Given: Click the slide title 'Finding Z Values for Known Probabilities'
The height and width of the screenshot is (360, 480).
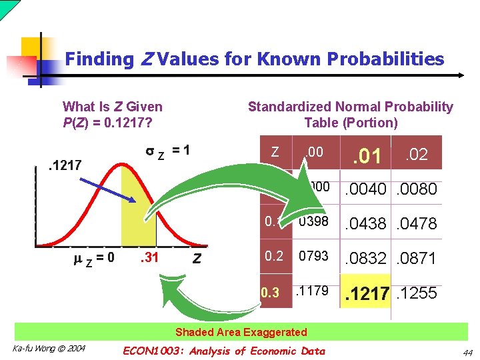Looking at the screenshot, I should point(254,59).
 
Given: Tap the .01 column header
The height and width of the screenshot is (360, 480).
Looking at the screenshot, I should point(367,157).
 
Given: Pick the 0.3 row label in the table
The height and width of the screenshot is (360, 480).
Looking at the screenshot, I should point(270,292).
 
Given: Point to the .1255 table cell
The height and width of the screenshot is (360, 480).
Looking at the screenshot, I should point(417,293).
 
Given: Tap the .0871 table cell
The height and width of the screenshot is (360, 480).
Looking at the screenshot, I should point(417,258).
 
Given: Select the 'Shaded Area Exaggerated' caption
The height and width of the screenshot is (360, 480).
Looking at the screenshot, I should point(241,332).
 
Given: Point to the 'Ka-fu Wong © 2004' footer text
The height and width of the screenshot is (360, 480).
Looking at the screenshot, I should point(49,349).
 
